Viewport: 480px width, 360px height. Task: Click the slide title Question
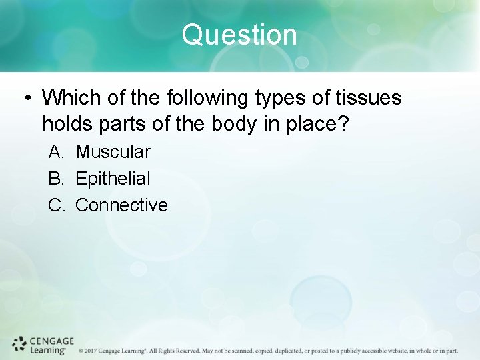point(239,35)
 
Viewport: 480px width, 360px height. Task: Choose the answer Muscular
point(113,152)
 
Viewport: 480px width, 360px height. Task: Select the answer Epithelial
point(113,179)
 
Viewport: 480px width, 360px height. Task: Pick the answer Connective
point(121,205)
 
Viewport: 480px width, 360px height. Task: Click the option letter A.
point(56,152)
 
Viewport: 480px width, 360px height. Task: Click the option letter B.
point(56,179)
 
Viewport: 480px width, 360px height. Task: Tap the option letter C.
point(56,205)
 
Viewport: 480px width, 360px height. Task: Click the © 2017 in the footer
point(88,351)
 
